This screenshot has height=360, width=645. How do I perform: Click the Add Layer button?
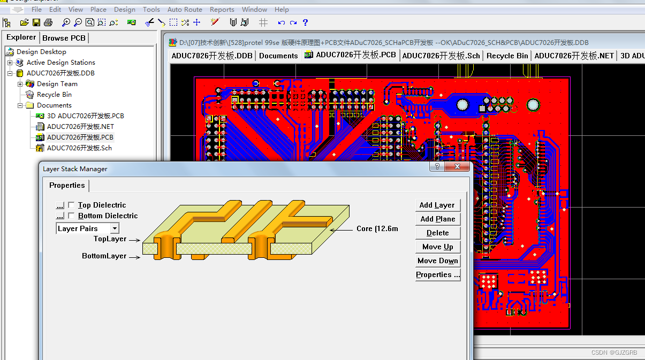(x=437, y=205)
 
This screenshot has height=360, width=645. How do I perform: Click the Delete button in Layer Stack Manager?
(x=437, y=233)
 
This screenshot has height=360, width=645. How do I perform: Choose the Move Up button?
(x=437, y=247)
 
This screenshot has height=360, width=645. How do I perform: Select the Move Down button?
(x=437, y=261)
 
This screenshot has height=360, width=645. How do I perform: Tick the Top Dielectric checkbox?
(x=71, y=205)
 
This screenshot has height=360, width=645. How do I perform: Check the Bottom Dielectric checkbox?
(x=71, y=216)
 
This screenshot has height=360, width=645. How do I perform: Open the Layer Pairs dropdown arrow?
(x=115, y=228)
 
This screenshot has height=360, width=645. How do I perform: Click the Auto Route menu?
(x=185, y=9)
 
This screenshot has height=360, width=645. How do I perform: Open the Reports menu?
(x=222, y=9)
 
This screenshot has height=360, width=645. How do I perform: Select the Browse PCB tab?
(x=64, y=38)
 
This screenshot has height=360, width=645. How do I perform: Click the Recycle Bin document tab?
(x=507, y=56)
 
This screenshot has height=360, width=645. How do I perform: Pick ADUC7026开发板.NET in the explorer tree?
(x=80, y=127)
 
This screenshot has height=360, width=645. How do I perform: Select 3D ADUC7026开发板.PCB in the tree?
(x=85, y=116)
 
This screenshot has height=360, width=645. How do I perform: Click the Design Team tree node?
(x=57, y=84)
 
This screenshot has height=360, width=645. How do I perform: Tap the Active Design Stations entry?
(x=60, y=63)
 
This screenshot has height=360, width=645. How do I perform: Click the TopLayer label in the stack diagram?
(x=110, y=239)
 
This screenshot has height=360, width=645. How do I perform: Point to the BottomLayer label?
(x=104, y=256)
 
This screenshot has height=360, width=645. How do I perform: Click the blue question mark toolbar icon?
(x=305, y=22)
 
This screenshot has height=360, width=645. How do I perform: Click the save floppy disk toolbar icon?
(x=36, y=22)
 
